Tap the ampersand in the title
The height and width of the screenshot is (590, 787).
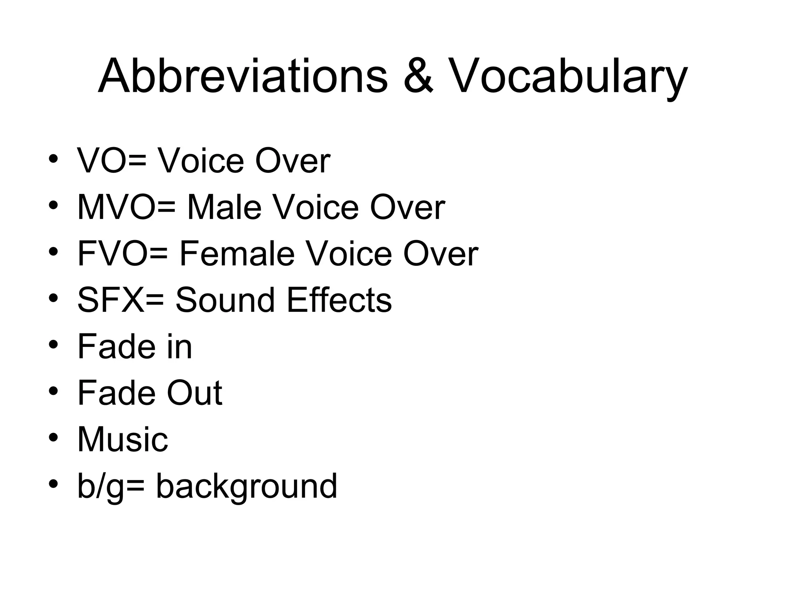point(418,76)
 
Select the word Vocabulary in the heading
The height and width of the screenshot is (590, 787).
point(567,77)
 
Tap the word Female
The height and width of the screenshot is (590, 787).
point(236,254)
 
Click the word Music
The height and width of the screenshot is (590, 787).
point(123,439)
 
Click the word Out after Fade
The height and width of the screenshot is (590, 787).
point(194,393)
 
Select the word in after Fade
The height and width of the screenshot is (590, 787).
point(179,346)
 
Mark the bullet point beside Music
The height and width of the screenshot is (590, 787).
point(53,438)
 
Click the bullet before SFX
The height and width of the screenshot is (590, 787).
point(53,298)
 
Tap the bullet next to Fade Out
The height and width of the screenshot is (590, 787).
point(53,391)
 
